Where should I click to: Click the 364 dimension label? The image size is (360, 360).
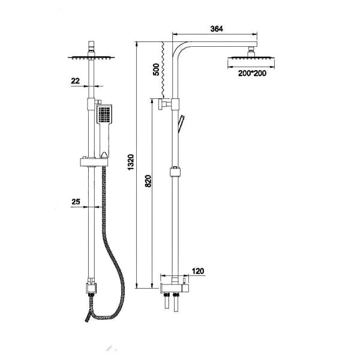click(217, 29)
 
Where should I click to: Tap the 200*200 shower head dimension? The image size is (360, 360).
click(252, 73)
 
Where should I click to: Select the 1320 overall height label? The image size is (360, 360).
click(131, 163)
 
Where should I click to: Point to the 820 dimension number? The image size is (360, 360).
click(148, 181)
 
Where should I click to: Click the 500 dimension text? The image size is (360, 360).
click(156, 70)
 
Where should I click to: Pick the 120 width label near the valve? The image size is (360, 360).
click(197, 271)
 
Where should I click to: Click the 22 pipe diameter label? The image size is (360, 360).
click(76, 81)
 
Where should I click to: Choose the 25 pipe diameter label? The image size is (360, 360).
click(76, 202)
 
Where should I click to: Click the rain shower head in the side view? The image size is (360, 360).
click(251, 57)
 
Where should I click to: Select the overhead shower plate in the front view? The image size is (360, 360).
click(91, 58)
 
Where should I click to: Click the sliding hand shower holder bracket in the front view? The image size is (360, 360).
click(94, 162)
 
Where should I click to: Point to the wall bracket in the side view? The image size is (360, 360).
click(164, 104)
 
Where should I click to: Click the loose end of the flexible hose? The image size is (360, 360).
click(87, 320)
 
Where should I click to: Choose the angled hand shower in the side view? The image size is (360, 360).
click(181, 124)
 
